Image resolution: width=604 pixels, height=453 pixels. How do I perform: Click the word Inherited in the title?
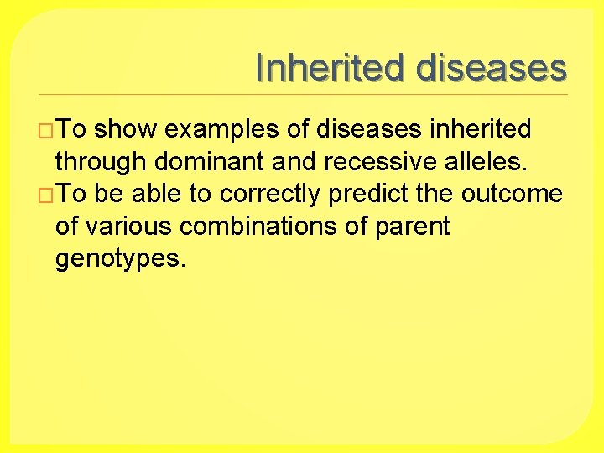point(331,67)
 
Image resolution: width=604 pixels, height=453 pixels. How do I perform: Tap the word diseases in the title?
point(491,67)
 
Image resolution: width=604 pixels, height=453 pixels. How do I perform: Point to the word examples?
point(222,130)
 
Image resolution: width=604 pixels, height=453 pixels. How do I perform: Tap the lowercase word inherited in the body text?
point(480,129)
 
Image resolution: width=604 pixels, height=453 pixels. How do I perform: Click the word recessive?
point(374,161)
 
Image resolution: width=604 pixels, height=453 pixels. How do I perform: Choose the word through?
point(101,162)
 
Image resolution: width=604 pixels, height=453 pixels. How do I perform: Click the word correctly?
point(271,195)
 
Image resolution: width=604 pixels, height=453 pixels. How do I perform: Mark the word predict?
point(367,195)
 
